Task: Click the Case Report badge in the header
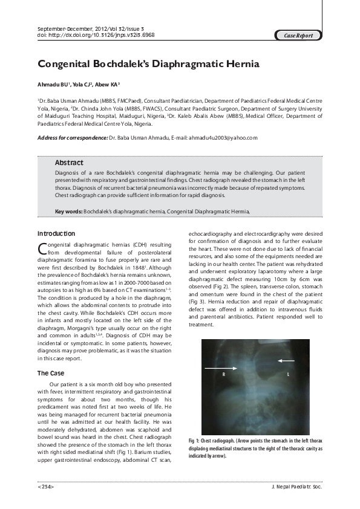tap(298, 36)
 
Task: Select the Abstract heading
tap(69, 163)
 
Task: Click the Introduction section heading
tap(56, 233)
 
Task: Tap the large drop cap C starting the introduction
tap(42, 248)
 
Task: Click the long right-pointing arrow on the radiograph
tap(221, 367)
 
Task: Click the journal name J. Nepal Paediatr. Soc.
tap(298, 486)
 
